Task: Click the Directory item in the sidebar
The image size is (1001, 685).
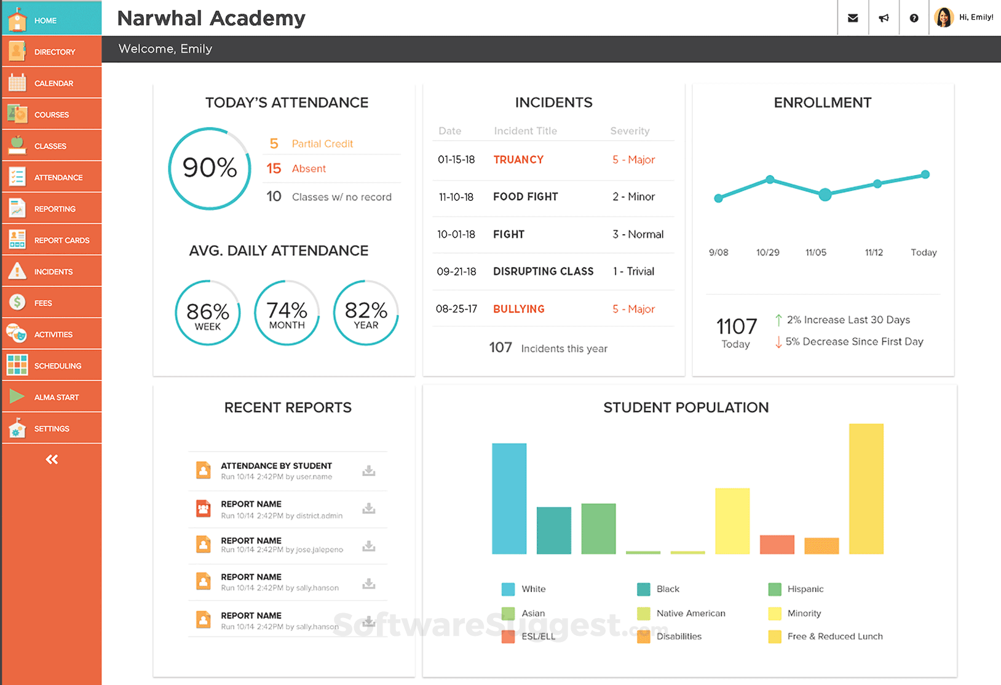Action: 54,52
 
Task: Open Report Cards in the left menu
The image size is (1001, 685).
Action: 61,240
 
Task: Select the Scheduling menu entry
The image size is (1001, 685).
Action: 57,366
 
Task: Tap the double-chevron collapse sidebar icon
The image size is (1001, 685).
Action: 52,460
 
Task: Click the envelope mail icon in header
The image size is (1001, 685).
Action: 853,18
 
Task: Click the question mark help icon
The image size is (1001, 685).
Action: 914,18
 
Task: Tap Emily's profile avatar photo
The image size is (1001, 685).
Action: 944,17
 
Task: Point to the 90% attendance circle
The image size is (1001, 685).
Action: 210,168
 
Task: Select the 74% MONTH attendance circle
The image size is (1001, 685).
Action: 287,313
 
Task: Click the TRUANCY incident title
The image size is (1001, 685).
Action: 518,160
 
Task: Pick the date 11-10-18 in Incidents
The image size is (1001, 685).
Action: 456,197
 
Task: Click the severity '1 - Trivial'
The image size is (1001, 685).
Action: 633,272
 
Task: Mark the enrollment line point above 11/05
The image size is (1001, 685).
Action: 825,195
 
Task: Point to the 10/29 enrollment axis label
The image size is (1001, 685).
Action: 767,252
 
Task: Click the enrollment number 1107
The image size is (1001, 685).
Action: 736,326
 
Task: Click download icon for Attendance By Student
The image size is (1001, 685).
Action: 369,471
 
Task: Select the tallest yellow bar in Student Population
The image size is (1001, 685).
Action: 866,488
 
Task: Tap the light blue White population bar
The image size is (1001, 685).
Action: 509,498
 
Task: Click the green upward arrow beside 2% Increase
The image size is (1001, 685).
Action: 778,320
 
